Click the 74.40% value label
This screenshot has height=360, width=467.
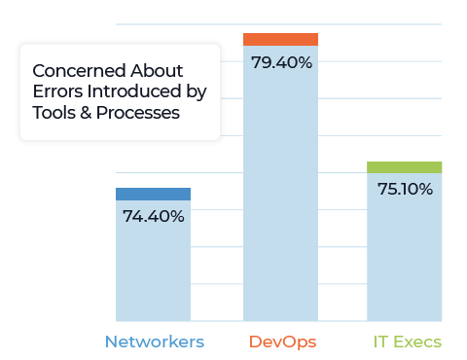[x=153, y=216]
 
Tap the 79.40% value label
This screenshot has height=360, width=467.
[x=280, y=63]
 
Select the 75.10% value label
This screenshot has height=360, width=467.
[x=404, y=190]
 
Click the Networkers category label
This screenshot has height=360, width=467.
[x=154, y=342]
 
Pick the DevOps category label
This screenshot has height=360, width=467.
[x=282, y=342]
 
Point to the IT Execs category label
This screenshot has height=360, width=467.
[x=405, y=342]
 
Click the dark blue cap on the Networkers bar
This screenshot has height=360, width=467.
[x=153, y=194]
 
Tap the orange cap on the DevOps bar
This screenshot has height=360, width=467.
[x=280, y=39]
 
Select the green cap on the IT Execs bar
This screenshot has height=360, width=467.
[x=404, y=167]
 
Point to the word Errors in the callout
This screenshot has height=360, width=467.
[x=56, y=92]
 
